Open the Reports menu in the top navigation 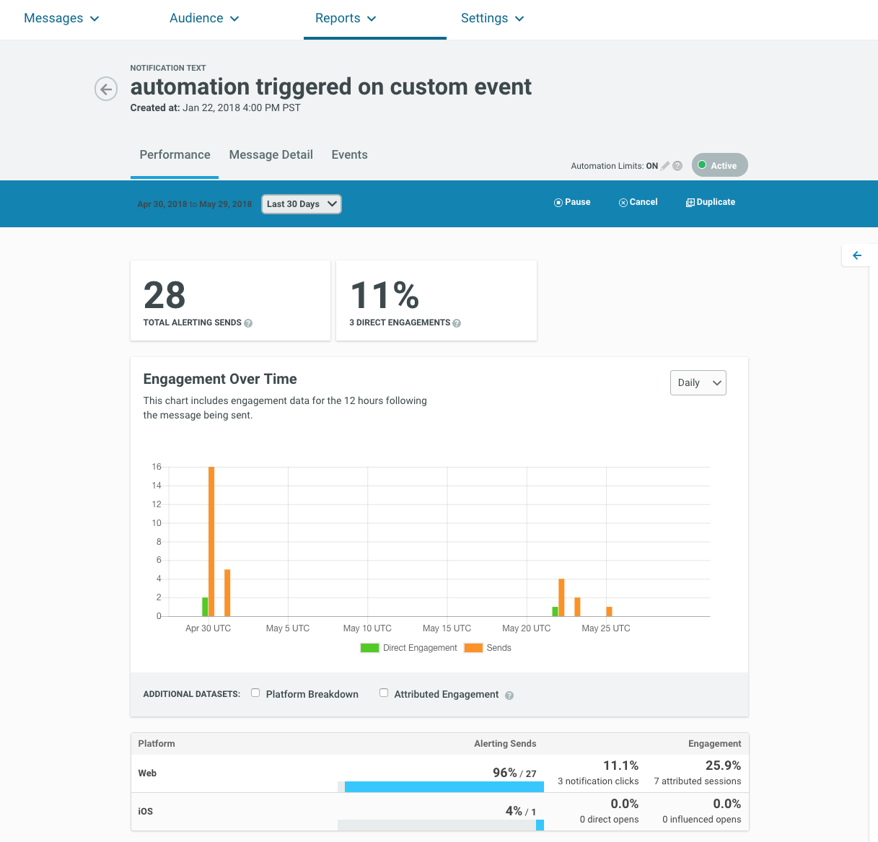pos(346,18)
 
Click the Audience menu pos(204,18)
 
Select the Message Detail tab pos(271,155)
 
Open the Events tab pos(350,155)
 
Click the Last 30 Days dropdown pos(302,204)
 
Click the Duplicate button pos(711,202)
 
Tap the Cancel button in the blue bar pos(638,202)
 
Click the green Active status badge pos(719,165)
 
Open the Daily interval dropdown pos(698,382)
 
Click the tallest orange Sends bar pos(211,541)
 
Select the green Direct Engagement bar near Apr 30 pos(205,607)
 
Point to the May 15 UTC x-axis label pos(447,628)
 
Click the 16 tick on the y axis pos(157,467)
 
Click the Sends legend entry pos(488,648)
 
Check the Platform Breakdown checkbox pos(255,693)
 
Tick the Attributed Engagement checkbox pos(384,693)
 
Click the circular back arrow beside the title pos(106,89)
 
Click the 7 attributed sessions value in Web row pos(698,781)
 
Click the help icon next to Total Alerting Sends pos(248,323)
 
